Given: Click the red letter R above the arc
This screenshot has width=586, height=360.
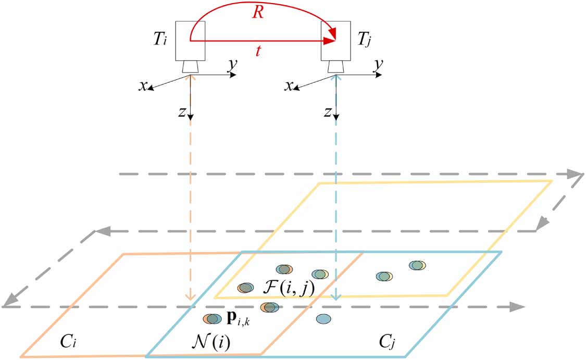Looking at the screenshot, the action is point(257,12).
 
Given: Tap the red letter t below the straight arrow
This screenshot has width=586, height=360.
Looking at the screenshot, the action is point(258,51).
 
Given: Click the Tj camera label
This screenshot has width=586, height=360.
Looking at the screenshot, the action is point(365,39).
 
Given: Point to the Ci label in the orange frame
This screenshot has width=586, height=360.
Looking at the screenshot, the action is point(68,341).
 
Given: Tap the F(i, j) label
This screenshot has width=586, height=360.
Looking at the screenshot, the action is point(288,288).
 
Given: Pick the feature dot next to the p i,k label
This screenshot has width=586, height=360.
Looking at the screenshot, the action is point(213,319).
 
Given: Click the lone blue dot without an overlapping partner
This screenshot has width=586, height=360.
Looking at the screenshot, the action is point(323,319).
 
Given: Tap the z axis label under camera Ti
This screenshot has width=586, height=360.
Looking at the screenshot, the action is point(182,111).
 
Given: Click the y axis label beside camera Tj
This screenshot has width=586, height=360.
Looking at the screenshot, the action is point(379,65).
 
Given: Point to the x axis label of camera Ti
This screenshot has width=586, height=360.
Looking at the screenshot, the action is point(142,86).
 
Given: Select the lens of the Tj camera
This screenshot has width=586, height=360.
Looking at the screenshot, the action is point(336,67).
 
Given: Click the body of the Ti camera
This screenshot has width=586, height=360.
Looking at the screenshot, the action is point(190,41).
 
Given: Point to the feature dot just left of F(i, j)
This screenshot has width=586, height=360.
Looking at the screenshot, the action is point(245,288).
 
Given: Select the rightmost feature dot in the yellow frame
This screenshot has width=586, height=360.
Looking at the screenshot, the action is point(417,265).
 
